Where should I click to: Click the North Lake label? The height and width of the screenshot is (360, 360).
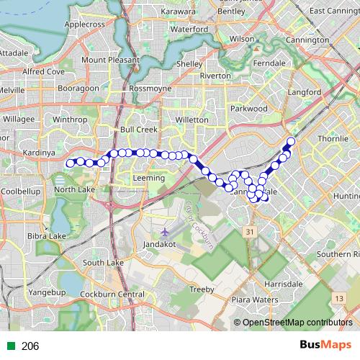click(x=74, y=189)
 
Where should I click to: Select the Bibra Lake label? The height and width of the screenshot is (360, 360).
click(x=47, y=236)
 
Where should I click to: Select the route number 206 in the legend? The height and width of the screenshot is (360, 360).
click(x=30, y=346)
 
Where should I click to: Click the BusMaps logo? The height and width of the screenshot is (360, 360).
click(x=325, y=345)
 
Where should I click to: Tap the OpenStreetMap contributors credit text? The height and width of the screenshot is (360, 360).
click(x=297, y=323)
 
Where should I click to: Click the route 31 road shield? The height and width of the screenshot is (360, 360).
click(x=249, y=232)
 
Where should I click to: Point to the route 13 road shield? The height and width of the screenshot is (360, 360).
click(x=337, y=297)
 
